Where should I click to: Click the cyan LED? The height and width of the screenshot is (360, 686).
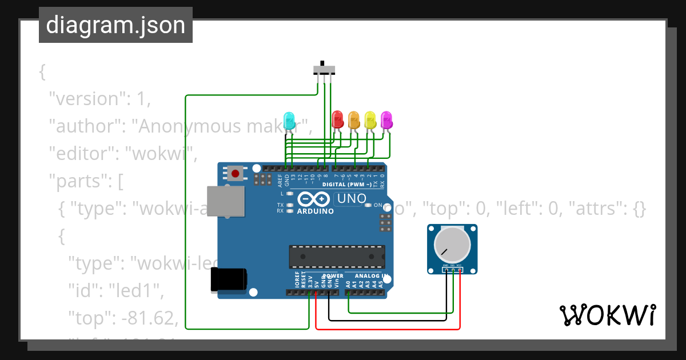click(x=289, y=120)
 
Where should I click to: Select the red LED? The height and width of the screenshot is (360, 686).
click(x=337, y=119)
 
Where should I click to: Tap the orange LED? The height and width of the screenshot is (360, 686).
click(x=354, y=119)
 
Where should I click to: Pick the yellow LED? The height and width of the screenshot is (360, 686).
click(x=370, y=119)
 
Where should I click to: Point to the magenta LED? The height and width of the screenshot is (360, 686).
click(x=386, y=119)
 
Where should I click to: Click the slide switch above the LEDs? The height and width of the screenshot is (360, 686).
click(x=324, y=70)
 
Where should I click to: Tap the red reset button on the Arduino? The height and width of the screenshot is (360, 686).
click(x=235, y=173)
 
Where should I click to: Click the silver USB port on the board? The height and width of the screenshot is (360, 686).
click(x=224, y=201)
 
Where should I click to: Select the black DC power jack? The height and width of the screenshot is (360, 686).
click(x=229, y=279)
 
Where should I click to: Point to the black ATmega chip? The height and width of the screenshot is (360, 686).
click(x=336, y=257)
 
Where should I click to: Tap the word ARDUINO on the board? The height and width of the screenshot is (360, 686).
click(x=315, y=211)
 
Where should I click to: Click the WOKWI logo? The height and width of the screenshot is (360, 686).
click(x=607, y=315)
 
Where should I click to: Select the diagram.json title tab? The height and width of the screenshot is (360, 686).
click(x=115, y=25)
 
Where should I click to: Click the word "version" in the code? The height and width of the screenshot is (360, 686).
click(x=85, y=98)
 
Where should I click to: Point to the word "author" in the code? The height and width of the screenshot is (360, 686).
click(x=85, y=126)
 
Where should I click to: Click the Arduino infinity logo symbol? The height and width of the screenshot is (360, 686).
click(x=314, y=199)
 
